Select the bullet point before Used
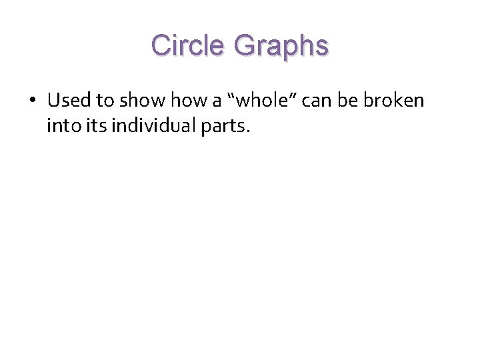tap(32, 101)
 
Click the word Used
tap(70, 101)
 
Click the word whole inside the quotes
tap(262, 101)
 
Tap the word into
tap(61, 125)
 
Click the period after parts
tap(248, 131)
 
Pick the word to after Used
tap(105, 101)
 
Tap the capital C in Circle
tap(161, 45)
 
